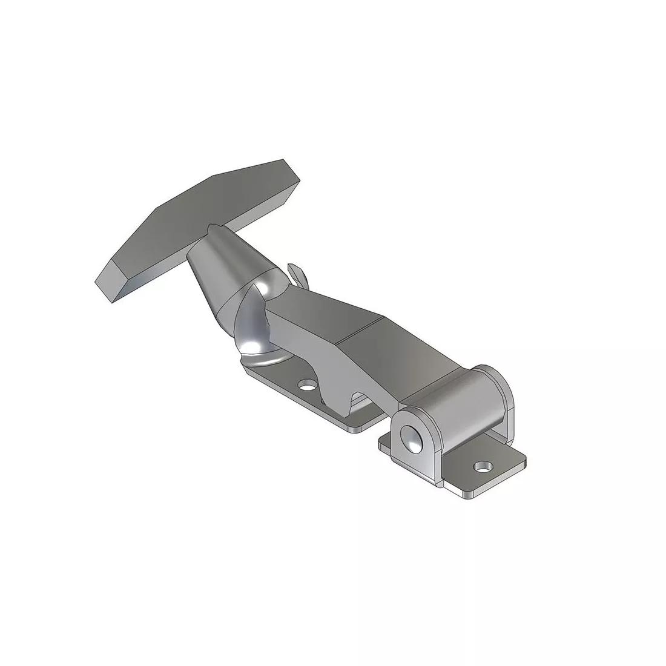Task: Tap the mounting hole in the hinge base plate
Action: click(x=483, y=467)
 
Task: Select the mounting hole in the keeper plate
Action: click(x=308, y=385)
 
